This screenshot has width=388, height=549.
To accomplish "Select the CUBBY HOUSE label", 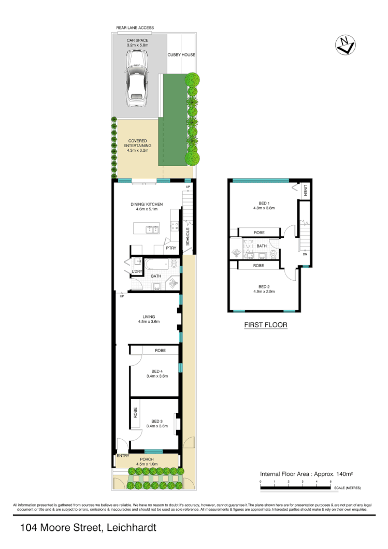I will pos(181,54).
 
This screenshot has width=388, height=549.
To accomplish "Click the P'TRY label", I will pos(171,249).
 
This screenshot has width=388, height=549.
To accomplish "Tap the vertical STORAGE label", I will pos(188,236).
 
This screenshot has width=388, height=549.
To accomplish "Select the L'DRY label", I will pos(137,272).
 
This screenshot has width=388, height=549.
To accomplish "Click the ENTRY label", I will pos(123,456).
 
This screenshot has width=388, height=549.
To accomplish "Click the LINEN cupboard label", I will pos(306,190).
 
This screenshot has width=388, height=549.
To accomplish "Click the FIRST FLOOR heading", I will pos(265,325).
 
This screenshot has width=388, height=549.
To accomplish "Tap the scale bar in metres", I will pos(295,487).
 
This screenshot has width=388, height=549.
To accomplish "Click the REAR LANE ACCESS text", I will pos(135,28).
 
